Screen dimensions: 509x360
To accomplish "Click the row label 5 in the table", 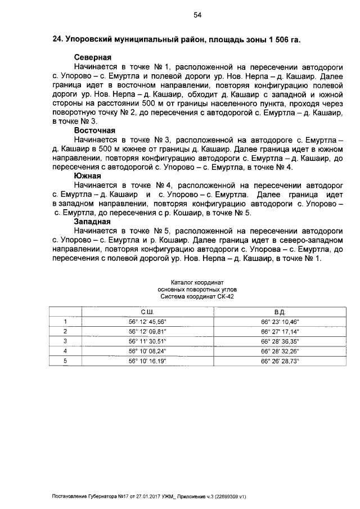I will pyautogui.click(x=66, y=361).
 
